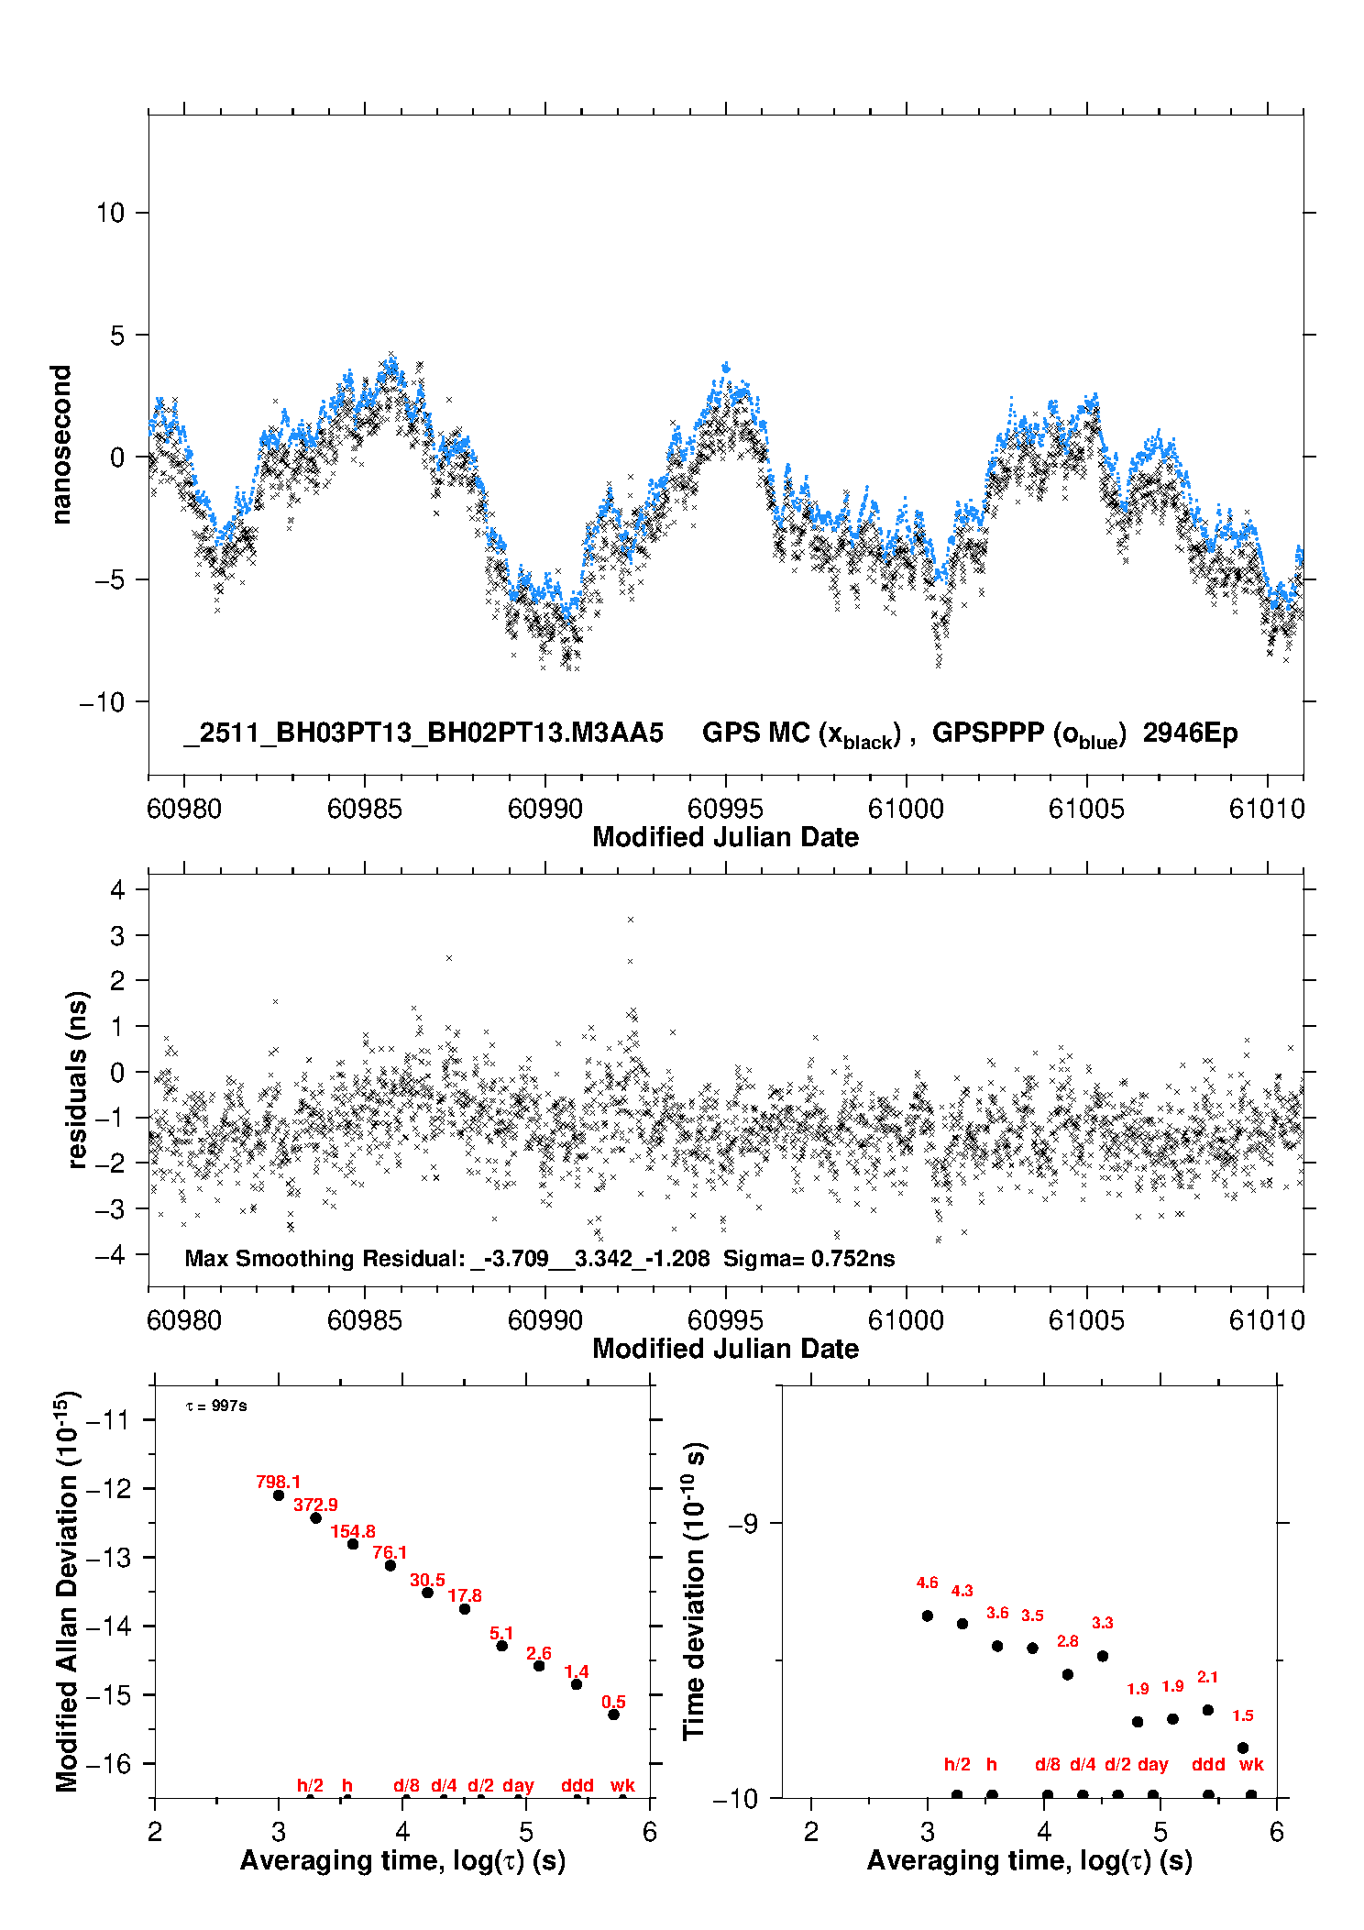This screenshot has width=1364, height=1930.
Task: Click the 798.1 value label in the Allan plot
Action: point(278,1482)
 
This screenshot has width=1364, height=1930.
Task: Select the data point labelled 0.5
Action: point(613,1715)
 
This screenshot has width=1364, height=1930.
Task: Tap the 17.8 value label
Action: point(465,1595)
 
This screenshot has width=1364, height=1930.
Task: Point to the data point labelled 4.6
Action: point(928,1616)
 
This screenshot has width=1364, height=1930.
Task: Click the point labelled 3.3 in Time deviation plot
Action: point(1103,1656)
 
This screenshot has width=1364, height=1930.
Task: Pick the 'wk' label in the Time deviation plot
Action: point(1251,1764)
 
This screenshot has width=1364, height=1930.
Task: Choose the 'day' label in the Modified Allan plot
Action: point(518,1785)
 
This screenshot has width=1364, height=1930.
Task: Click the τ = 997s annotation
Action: point(216,1406)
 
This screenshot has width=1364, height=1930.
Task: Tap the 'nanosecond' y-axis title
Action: point(60,445)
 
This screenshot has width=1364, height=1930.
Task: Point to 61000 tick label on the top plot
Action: point(906,809)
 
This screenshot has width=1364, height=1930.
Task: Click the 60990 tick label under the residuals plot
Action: point(544,1320)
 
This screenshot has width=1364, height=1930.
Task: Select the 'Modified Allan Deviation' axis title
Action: point(66,1591)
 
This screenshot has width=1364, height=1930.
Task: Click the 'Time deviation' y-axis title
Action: point(694,1592)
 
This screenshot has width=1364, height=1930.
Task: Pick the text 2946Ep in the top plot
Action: point(1190,733)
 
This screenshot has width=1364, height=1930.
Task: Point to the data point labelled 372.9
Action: point(315,1517)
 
